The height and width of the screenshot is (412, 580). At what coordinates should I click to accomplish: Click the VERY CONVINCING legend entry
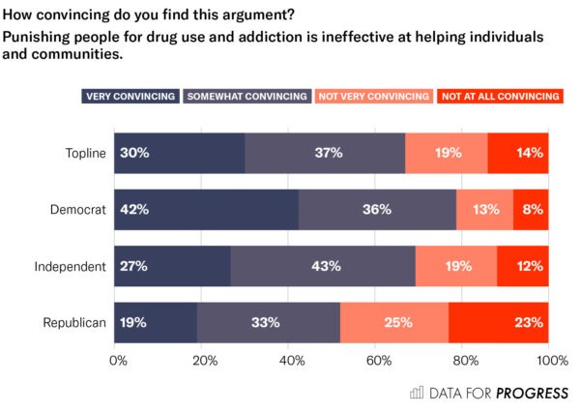click(130, 96)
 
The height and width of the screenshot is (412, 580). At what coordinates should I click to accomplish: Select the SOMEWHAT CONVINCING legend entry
click(246, 96)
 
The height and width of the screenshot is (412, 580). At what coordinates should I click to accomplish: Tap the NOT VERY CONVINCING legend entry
click(373, 96)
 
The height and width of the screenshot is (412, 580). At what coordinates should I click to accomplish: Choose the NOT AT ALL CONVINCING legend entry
click(500, 96)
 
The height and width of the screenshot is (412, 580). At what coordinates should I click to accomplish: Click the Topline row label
click(84, 153)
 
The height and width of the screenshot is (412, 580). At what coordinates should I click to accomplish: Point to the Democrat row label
click(77, 209)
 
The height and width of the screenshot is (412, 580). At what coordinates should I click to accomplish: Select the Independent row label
click(70, 266)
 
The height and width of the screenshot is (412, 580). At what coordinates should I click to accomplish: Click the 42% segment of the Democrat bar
click(206, 209)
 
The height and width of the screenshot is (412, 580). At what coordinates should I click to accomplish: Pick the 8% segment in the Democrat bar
click(531, 209)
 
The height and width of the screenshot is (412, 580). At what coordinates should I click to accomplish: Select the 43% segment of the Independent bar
click(323, 266)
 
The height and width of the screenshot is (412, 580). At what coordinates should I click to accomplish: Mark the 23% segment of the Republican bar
click(499, 322)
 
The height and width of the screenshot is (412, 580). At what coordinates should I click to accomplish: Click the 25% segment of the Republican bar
click(394, 322)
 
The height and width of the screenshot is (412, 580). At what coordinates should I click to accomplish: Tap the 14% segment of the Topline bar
click(518, 153)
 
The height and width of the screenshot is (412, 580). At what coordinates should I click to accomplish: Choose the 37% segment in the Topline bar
click(325, 153)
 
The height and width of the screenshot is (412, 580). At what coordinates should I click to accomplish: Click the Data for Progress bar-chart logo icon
click(418, 393)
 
